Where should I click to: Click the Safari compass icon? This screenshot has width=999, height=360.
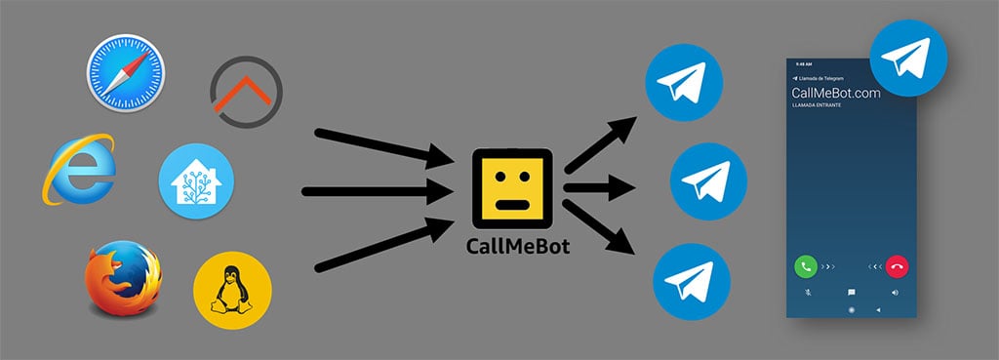[125, 73]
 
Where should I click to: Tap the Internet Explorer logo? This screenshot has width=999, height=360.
[78, 170]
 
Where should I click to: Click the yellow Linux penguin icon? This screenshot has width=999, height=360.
[232, 290]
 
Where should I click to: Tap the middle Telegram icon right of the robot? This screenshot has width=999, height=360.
[708, 181]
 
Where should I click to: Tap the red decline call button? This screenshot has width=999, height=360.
[897, 264]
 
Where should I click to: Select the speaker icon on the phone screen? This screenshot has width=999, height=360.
[895, 292]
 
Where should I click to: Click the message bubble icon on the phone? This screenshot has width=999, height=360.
[852, 292]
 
